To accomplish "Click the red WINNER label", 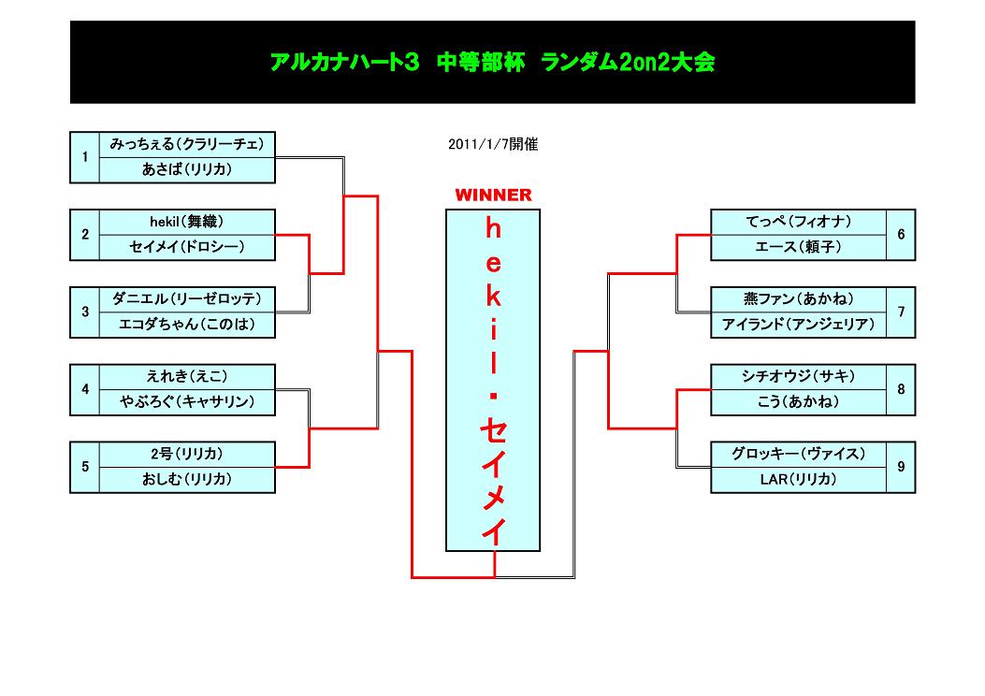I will click(493, 196).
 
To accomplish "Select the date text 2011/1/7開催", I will click(493, 145).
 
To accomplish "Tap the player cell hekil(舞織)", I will click(187, 222).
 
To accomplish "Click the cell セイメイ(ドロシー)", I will click(187, 247).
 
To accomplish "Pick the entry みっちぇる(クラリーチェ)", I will click(187, 145).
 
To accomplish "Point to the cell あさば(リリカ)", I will click(187, 170).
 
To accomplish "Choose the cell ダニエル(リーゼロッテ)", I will click(187, 299).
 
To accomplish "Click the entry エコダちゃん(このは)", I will click(187, 325).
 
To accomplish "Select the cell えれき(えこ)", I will click(187, 376).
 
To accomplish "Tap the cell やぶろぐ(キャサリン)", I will click(187, 402).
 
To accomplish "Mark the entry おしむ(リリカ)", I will click(187, 479).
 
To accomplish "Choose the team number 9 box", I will click(901, 466).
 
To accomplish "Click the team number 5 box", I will click(84, 466).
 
